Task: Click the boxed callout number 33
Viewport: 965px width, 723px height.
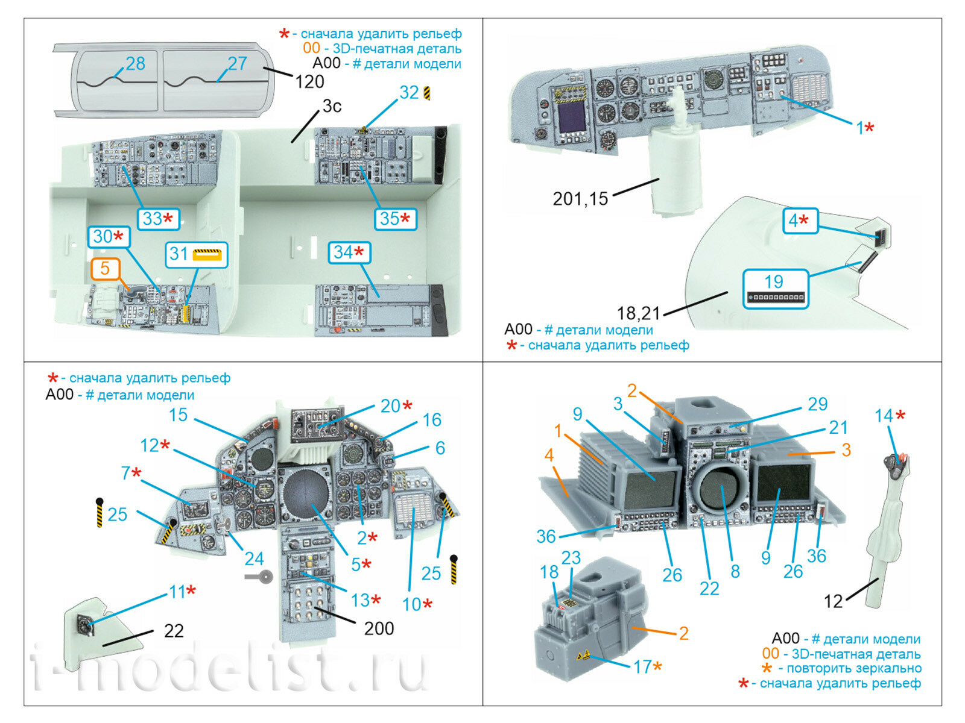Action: [153, 219]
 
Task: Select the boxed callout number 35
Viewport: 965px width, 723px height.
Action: [390, 219]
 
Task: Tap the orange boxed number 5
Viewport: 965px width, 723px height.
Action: [105, 268]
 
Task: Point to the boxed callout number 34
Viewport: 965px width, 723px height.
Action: [343, 252]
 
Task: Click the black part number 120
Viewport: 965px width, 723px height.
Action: [309, 81]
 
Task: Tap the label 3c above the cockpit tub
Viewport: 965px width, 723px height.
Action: [332, 106]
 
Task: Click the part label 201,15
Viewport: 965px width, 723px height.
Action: [580, 199]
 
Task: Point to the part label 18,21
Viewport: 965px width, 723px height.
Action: [638, 313]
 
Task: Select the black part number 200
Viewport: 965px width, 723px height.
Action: [379, 628]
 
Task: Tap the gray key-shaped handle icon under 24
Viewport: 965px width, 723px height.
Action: [261, 577]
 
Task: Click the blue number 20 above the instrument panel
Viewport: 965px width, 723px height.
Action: [390, 406]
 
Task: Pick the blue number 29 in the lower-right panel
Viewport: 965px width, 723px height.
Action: [817, 404]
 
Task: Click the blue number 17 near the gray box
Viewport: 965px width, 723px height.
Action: [642, 667]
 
